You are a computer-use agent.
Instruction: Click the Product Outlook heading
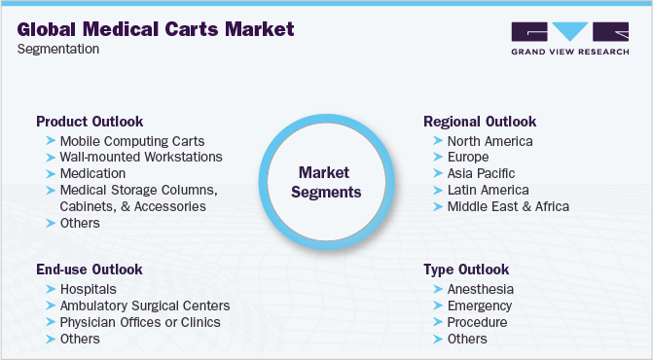[x=90, y=122]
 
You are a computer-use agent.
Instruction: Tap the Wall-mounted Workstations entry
[x=141, y=157]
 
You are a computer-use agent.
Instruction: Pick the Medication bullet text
[x=92, y=173]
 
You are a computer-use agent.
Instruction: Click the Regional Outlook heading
[x=480, y=122]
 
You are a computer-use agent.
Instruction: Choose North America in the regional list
[x=490, y=141]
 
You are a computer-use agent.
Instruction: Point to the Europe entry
[x=469, y=157]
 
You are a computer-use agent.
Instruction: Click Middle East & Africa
[x=508, y=206]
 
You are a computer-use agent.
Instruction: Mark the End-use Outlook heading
[x=90, y=270]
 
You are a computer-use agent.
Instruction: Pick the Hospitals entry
[x=88, y=289]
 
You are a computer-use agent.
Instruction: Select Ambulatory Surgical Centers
[x=144, y=306]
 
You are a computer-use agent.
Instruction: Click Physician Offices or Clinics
[x=140, y=322]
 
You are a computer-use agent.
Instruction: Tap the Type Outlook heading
[x=466, y=270]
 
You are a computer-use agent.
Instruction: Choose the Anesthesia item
[x=482, y=289]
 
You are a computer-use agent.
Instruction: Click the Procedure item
[x=478, y=322]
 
